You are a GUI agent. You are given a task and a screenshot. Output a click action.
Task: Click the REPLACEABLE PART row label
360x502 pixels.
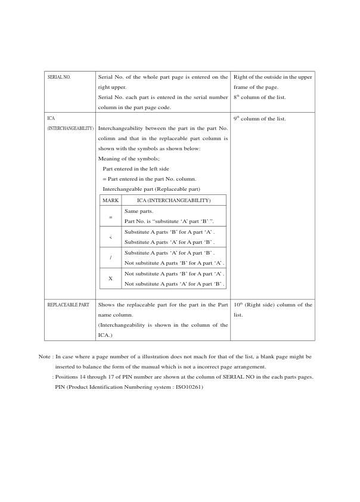click(x=68, y=305)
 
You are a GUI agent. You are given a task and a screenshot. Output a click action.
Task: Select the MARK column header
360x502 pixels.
click(x=111, y=200)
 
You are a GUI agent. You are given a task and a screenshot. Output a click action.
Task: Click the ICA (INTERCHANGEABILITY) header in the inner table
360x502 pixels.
click(x=173, y=200)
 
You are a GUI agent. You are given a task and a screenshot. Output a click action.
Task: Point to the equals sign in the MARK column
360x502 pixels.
click(x=110, y=217)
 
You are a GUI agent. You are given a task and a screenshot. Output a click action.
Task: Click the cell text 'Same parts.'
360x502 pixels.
click(x=138, y=211)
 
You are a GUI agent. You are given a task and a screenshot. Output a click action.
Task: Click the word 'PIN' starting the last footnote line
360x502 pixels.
click(x=60, y=387)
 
